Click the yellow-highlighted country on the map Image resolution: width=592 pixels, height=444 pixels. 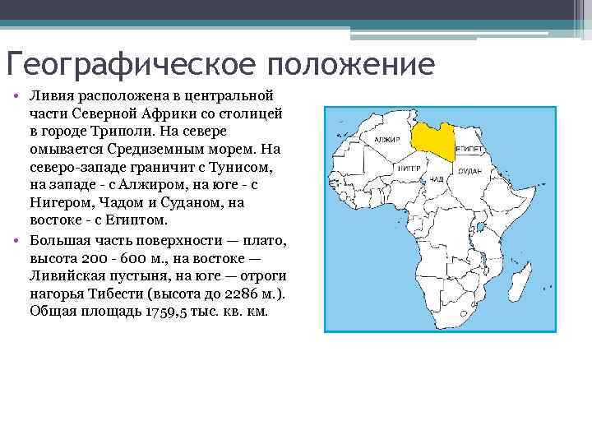[x=434, y=141]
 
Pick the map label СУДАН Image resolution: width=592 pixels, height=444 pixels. [x=469, y=170]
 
